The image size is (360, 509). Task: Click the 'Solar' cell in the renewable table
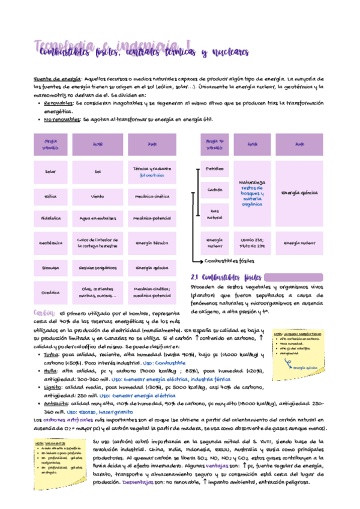50,172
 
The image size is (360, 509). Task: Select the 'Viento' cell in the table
97,196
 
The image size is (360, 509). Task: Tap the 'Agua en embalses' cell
97,218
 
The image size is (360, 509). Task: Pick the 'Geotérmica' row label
50,243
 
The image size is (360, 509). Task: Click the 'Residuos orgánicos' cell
97,268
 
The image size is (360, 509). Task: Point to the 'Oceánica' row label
50,292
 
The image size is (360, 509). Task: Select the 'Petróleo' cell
214,169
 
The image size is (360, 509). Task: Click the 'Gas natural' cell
214,214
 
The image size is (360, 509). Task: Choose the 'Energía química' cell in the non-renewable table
298,193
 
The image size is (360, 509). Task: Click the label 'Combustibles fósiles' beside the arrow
229,262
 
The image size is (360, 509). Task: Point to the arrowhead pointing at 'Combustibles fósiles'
201,262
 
